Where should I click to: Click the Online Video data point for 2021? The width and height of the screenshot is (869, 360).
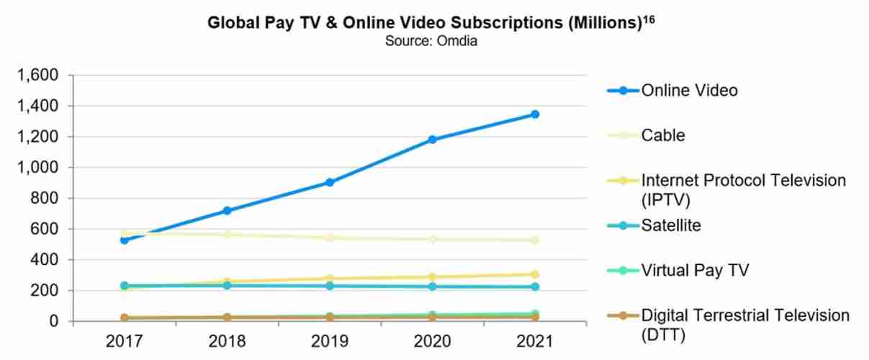click(x=535, y=114)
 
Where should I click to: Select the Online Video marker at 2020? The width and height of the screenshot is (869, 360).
click(x=432, y=139)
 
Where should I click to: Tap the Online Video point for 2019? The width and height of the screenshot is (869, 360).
click(x=329, y=182)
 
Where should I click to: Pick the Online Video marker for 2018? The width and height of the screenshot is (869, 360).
click(x=227, y=210)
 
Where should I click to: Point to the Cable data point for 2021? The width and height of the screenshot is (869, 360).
click(x=535, y=240)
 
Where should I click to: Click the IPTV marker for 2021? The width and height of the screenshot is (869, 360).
click(x=535, y=274)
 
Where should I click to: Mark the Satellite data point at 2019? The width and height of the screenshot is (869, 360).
click(x=329, y=286)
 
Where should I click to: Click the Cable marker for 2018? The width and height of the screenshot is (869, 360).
click(x=227, y=234)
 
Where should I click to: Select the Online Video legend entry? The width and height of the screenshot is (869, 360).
click(x=689, y=91)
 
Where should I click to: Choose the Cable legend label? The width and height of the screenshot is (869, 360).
click(x=663, y=135)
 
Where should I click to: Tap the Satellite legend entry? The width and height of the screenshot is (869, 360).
click(x=671, y=225)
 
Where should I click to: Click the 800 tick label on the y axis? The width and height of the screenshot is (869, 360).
click(x=53, y=198)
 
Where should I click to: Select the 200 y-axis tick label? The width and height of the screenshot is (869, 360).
click(x=53, y=290)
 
